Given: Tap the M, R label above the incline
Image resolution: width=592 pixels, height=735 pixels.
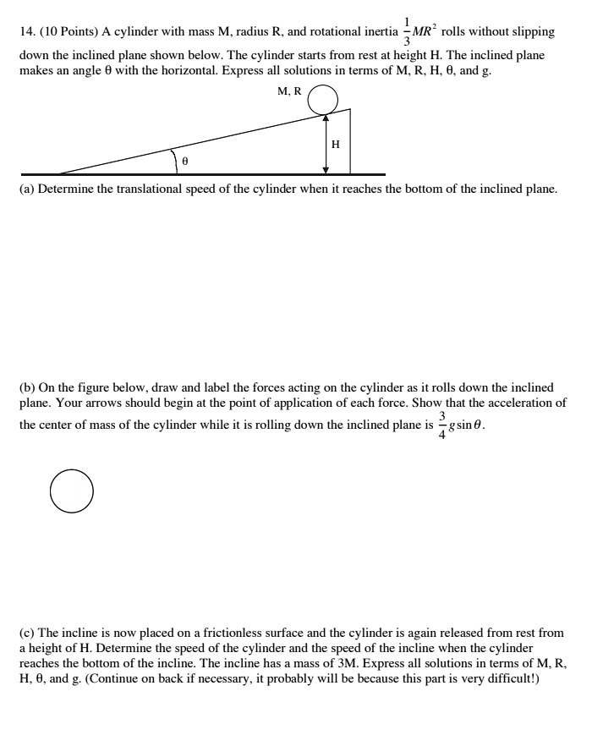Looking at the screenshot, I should [x=289, y=91].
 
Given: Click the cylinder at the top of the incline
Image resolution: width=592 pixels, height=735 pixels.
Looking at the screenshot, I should [x=322, y=101].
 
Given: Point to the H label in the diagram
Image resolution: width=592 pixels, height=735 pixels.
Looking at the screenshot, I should [x=336, y=145].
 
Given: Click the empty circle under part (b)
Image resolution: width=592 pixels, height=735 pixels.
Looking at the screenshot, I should [x=71, y=491].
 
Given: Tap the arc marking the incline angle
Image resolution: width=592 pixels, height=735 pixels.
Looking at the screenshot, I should [x=174, y=159].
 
